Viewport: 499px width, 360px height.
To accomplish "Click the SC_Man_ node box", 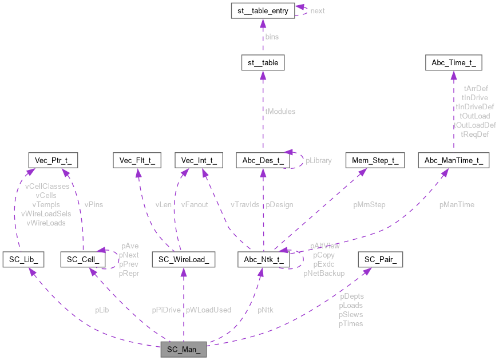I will coord(183,349).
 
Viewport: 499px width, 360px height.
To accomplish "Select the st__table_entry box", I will coord(262,10).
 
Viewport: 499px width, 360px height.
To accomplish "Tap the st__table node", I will coord(262,62).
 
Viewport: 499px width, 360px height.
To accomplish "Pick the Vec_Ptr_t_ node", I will coord(53,160).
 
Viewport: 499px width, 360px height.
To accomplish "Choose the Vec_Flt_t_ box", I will coord(137,160).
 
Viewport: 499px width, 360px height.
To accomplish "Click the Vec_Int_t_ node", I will coord(199,160).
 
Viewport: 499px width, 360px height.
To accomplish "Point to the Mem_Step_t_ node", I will coord(374,160).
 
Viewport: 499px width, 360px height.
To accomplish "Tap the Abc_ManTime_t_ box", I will coord(454,160).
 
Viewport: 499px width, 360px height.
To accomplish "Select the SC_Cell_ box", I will coord(83,260).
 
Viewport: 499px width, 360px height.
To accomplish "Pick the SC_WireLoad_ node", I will coord(183,260).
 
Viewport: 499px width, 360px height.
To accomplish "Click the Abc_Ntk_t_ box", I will coord(264,260).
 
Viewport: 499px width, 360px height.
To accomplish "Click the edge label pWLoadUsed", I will coord(208,310).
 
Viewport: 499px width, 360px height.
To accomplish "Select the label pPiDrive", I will coord(166,310).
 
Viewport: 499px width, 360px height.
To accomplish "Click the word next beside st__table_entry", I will coord(317,11).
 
